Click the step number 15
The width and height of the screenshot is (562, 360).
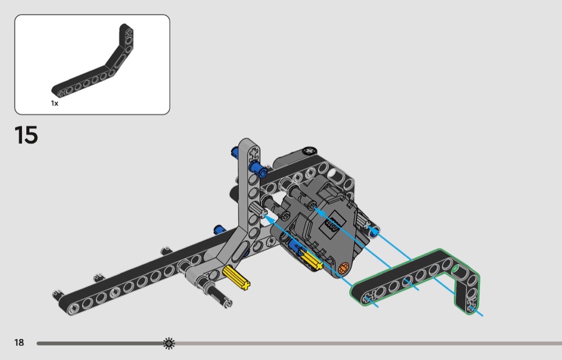point(26,135)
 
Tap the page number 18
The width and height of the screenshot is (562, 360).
point(19,342)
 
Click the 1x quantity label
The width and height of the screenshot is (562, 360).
point(55,103)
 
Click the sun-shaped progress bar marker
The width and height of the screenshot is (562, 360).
point(169,343)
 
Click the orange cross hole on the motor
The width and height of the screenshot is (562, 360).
point(344,267)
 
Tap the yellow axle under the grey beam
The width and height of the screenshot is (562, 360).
point(236,277)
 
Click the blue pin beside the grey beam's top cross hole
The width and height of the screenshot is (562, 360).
point(258,168)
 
